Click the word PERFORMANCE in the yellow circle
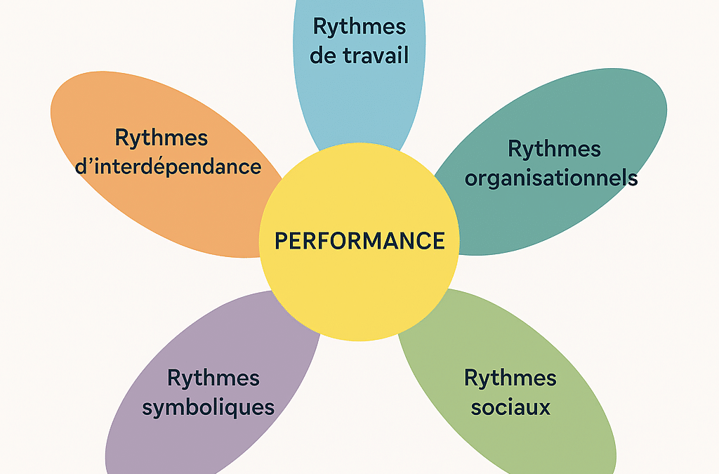[359, 241]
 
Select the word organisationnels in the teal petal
[551, 178]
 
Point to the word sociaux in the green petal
[510, 407]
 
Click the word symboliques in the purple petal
[208, 408]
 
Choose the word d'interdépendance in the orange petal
[187, 167]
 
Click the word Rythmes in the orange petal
[161, 138]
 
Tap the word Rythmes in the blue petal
[359, 27]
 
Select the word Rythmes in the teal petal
[554, 149]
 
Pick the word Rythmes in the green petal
[510, 378]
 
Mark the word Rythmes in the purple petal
[213, 378]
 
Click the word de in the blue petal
[322, 55]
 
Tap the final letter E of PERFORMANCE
[438, 241]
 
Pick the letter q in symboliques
[236, 410]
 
